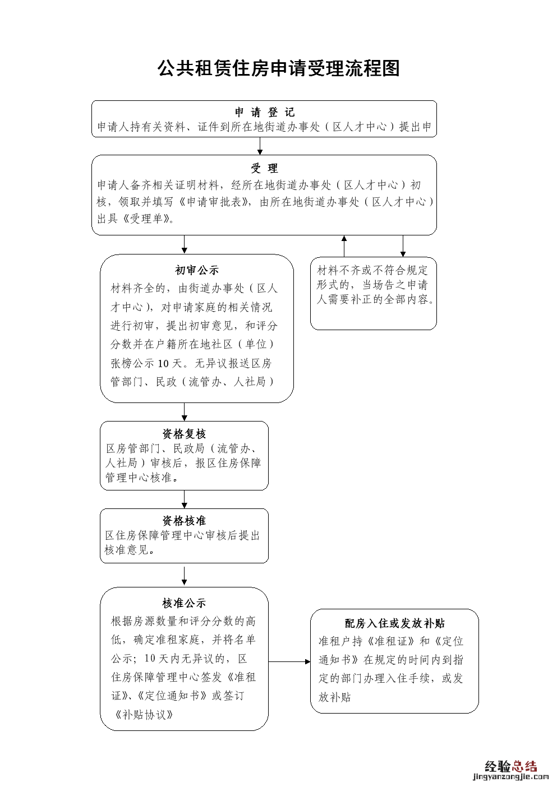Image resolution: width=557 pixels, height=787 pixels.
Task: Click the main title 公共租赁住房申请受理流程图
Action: pos(278,68)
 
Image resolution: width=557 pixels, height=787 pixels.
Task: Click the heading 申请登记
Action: pos(264,112)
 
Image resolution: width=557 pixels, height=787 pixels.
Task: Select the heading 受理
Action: pos(264,168)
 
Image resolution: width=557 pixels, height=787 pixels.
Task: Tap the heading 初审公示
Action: pos(197,270)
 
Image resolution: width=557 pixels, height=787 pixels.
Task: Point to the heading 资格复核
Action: pos(184,434)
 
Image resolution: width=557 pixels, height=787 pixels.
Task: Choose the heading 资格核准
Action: pos(184,521)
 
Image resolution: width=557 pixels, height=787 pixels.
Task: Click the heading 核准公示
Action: pos(184,603)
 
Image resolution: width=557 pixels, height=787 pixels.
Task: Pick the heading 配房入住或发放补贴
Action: pos(394,623)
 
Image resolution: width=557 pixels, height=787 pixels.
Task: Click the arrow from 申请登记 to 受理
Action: pos(260,146)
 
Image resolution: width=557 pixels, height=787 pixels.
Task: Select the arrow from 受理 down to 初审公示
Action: pos(184,244)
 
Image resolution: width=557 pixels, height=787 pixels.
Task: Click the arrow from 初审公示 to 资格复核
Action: pos(184,412)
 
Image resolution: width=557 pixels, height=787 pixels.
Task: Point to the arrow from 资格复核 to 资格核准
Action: pos(184,499)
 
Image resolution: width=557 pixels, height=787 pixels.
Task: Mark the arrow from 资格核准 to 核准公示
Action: pos(184,576)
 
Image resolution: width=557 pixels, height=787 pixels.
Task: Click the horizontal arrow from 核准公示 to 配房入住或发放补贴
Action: pos(289,661)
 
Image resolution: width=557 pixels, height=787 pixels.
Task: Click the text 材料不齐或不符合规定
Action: pos(372,270)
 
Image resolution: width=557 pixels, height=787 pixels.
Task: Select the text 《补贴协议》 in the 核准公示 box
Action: pos(144,715)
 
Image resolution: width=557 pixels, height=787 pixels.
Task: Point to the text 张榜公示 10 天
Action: pos(148,363)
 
